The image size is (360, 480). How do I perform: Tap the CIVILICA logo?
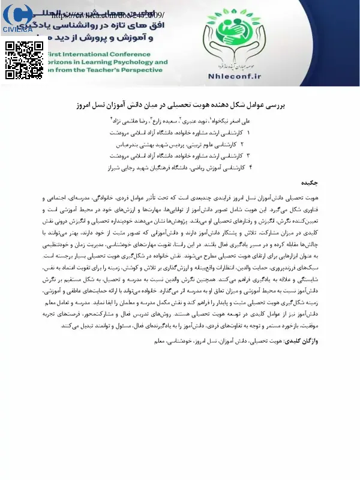17,18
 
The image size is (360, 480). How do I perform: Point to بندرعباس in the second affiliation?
125,143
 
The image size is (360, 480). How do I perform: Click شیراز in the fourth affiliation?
115,167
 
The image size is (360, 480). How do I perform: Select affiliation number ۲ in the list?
241,143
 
